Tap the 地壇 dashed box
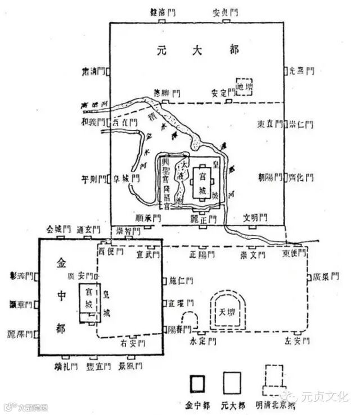click(x=244, y=87)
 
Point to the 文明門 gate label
click(x=255, y=218)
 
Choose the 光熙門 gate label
click(x=301, y=71)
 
